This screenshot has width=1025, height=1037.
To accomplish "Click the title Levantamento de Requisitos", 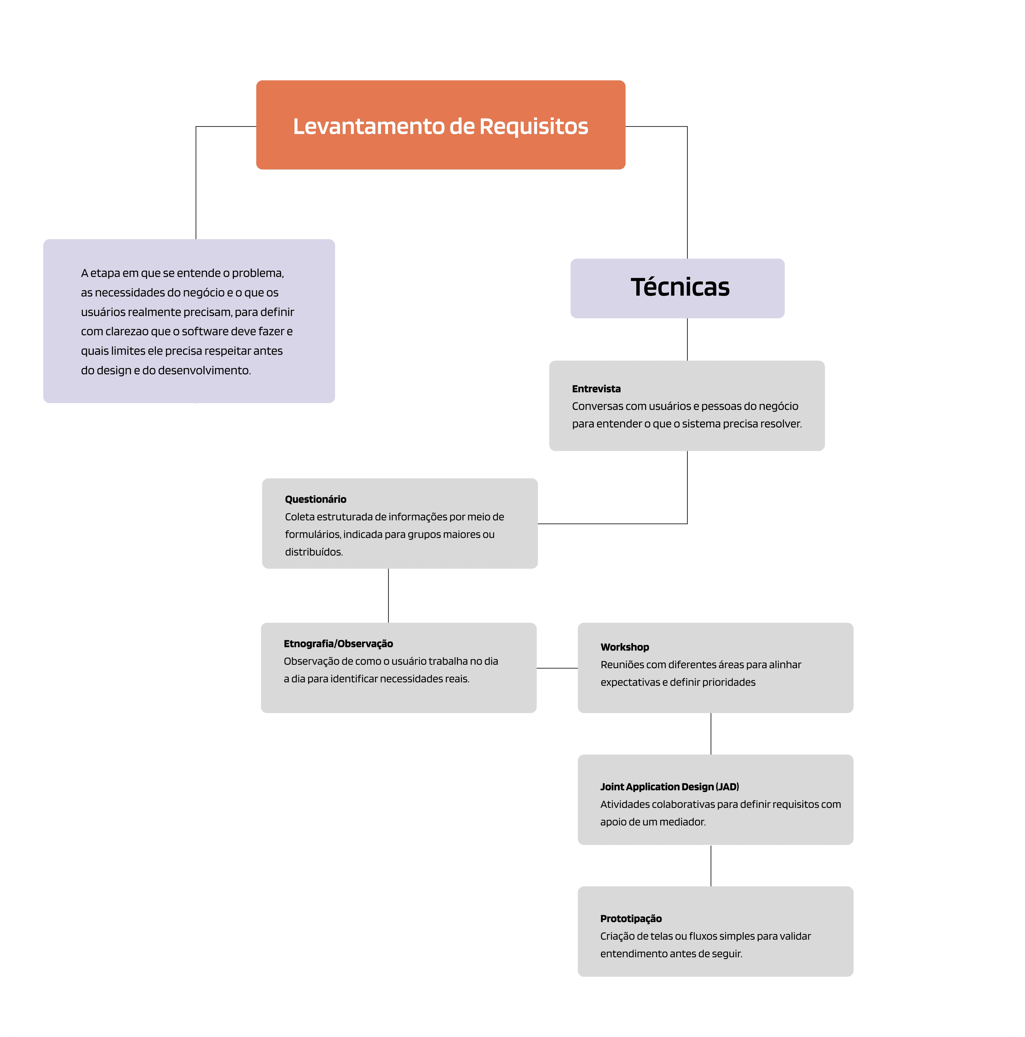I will (x=440, y=126).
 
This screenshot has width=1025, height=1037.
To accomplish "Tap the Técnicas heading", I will (x=680, y=287).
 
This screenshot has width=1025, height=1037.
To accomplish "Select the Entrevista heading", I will (x=596, y=389).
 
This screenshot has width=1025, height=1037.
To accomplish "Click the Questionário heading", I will (x=315, y=499).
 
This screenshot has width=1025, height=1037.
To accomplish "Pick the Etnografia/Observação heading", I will (x=338, y=644).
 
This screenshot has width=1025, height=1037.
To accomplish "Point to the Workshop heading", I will (x=624, y=647).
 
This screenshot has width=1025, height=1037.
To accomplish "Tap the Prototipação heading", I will (x=631, y=918).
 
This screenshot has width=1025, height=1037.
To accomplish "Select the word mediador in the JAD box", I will (x=684, y=822).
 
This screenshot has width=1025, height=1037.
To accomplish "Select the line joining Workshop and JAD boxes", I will (x=711, y=734).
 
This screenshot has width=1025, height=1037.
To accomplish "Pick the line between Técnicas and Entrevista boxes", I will (x=687, y=339).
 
